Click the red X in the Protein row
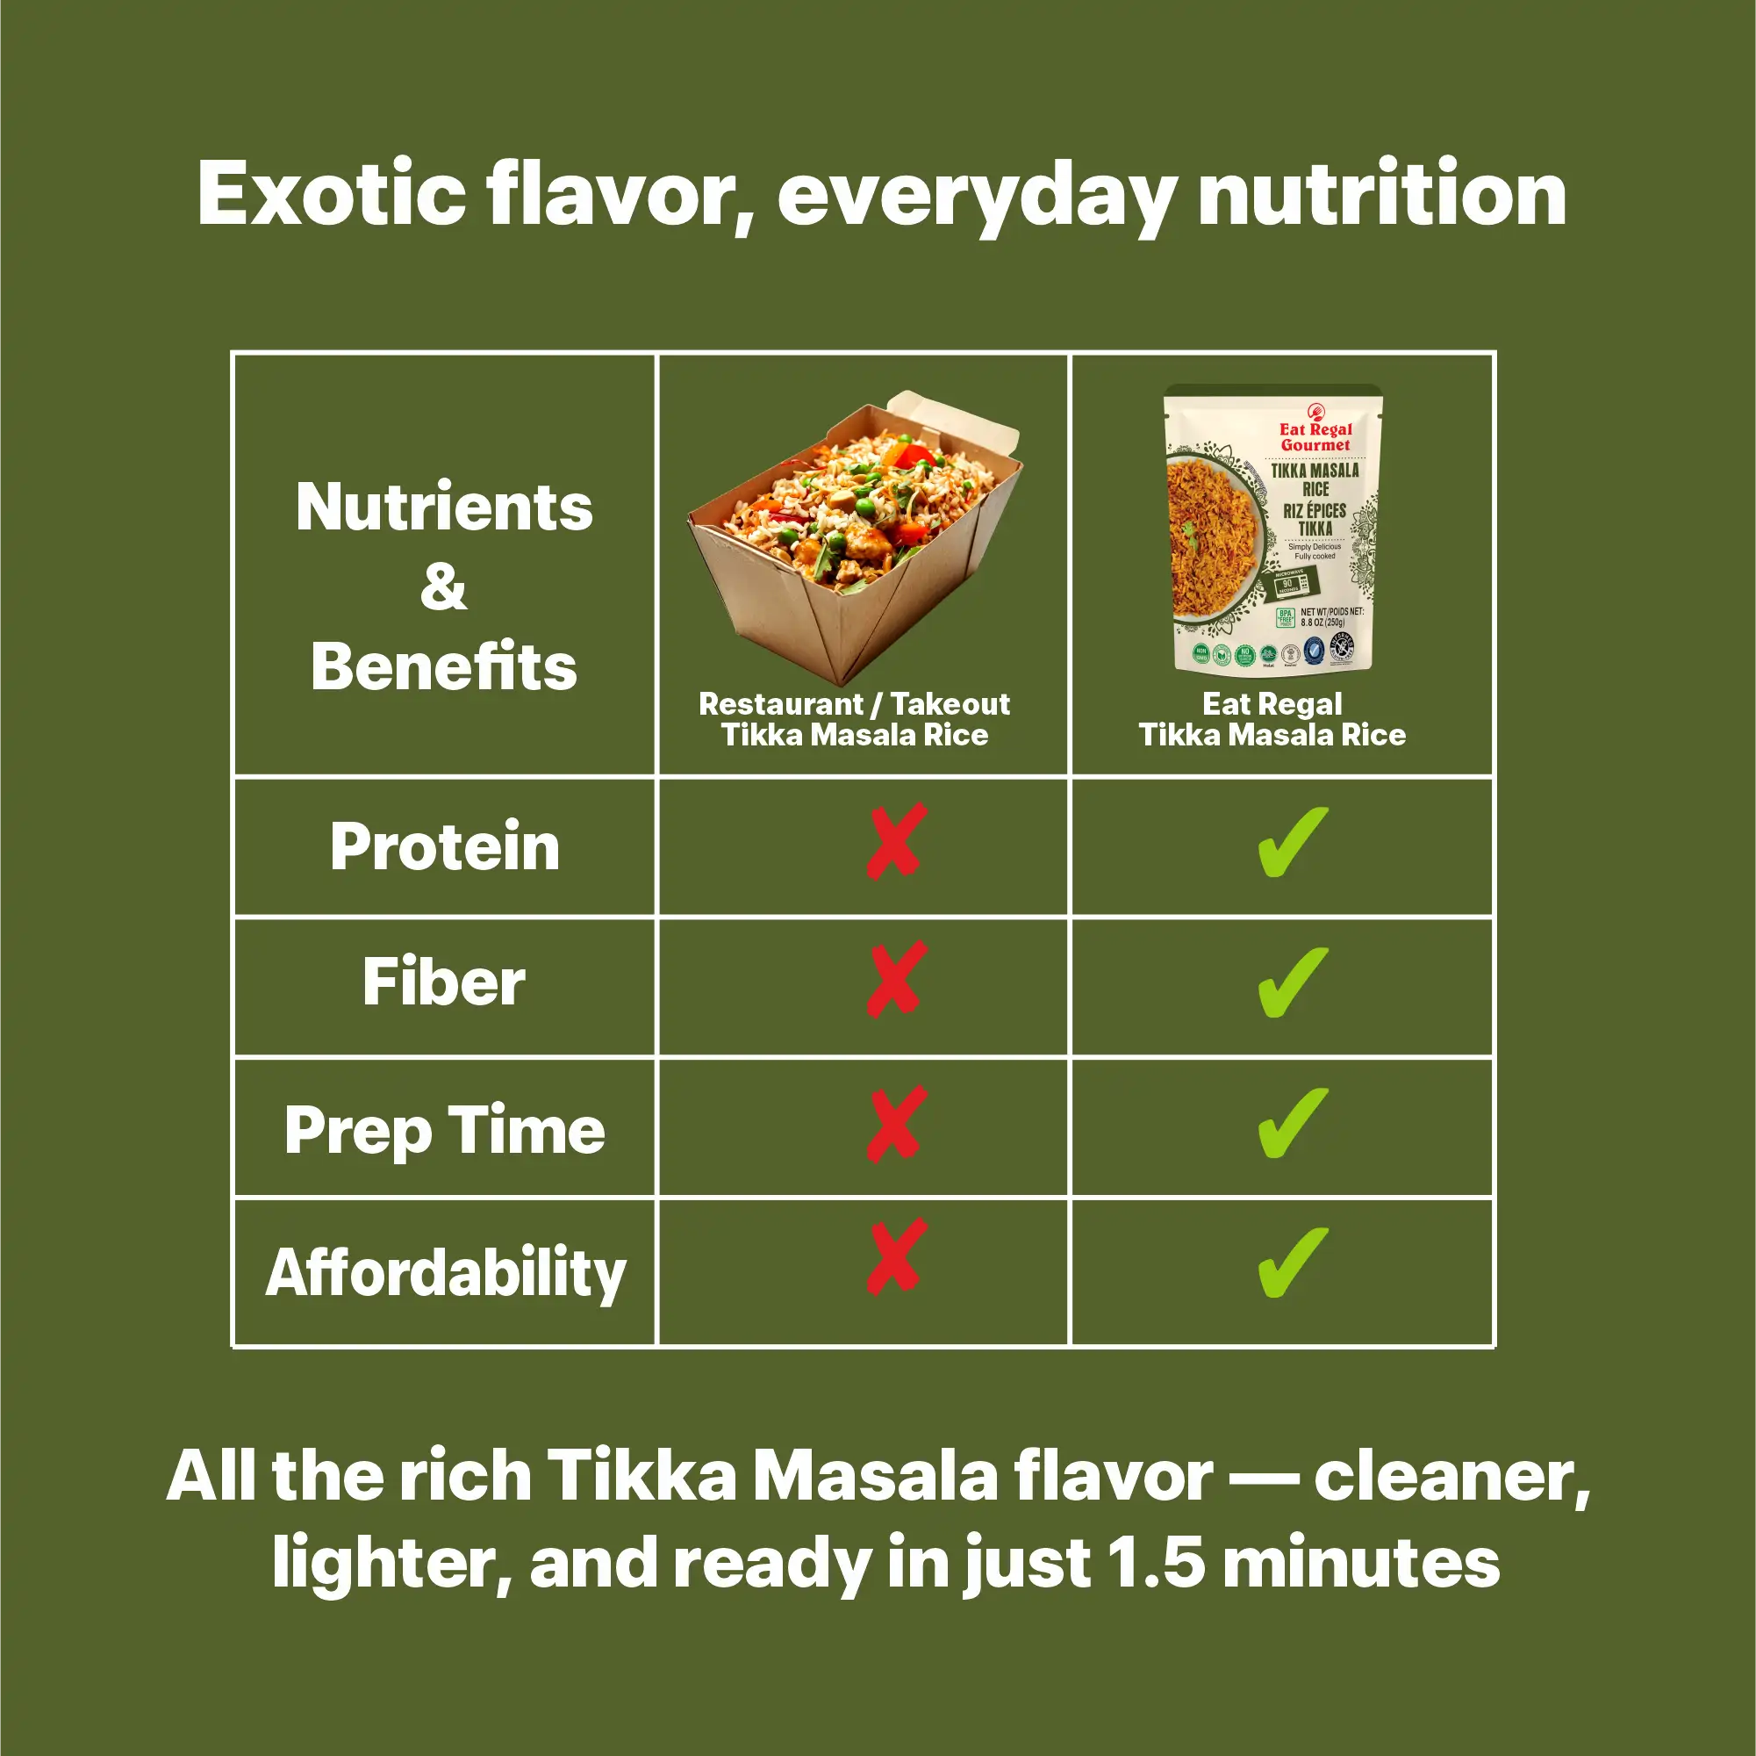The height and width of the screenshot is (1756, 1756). point(896,841)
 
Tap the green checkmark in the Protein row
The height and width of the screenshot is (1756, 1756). point(1292,842)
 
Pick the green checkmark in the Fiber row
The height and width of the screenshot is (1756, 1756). point(1292,982)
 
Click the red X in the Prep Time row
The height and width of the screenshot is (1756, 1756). point(896,1123)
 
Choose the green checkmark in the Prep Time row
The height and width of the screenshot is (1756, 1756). point(1292,1123)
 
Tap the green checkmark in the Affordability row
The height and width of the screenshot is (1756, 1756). point(1292,1263)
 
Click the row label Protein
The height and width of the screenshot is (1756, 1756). point(444,846)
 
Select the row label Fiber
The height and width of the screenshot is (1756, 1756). point(444,983)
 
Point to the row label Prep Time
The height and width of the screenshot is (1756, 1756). point(444,1130)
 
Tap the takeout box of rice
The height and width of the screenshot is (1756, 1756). point(855,536)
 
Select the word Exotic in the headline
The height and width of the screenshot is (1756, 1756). point(331,194)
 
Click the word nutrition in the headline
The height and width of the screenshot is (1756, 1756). point(1381,194)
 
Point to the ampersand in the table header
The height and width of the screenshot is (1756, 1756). point(443,587)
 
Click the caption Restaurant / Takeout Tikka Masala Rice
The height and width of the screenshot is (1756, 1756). point(855,719)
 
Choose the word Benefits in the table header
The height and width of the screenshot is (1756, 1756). point(443,666)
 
